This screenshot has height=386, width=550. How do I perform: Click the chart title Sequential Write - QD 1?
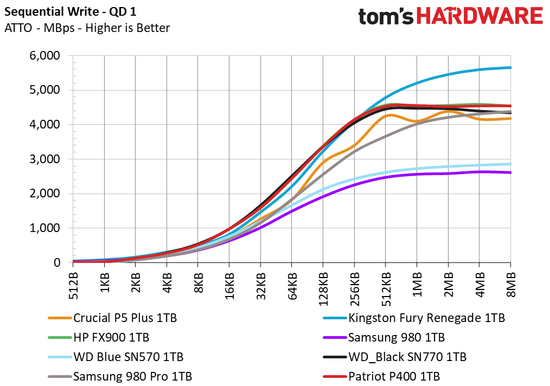coord(70,11)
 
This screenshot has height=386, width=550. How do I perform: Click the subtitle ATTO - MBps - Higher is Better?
coord(87,28)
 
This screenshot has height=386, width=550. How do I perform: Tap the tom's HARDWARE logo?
coord(450,16)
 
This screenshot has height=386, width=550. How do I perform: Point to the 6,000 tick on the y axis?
coord(44,55)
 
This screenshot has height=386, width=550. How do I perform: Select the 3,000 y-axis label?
coord(44,159)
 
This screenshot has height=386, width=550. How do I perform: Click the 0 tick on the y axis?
coord(57,262)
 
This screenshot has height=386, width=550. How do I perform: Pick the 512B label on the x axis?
coord(73,286)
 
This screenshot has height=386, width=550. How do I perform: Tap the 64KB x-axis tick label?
coord(292,286)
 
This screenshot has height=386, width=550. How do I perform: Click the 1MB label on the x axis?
coord(417,284)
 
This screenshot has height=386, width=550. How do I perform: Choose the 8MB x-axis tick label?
coord(511,284)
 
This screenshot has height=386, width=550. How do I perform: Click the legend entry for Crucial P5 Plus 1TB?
coord(113,318)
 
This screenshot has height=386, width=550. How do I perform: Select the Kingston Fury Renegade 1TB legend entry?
coord(414,318)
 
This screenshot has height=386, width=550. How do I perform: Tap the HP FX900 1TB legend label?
coord(99,337)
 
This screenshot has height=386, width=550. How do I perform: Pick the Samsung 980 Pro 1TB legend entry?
coord(120,377)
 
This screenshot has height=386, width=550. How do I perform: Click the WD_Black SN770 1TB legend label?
coord(395,357)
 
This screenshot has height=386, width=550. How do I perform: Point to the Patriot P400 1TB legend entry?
coord(381,377)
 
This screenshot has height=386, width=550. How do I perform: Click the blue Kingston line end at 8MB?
coord(510,67)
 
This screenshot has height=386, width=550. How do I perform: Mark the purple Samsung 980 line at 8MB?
coord(510,172)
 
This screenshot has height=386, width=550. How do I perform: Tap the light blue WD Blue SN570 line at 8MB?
coord(510,164)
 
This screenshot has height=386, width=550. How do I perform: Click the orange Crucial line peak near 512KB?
coord(389,115)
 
